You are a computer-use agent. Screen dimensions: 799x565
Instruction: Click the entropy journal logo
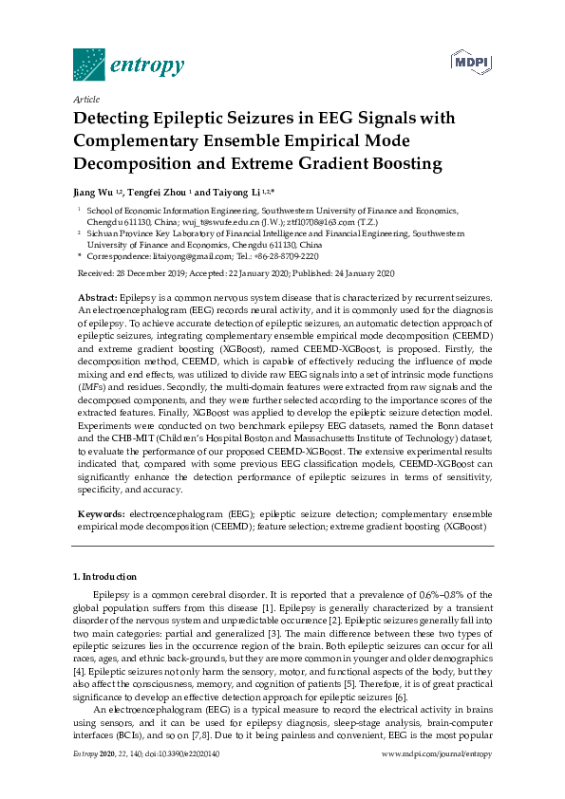(x=128, y=65)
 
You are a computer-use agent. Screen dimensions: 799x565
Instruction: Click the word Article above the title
(x=86, y=99)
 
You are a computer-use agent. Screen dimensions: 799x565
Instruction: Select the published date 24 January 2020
(x=356, y=273)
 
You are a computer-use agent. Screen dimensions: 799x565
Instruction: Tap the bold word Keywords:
(x=100, y=512)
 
